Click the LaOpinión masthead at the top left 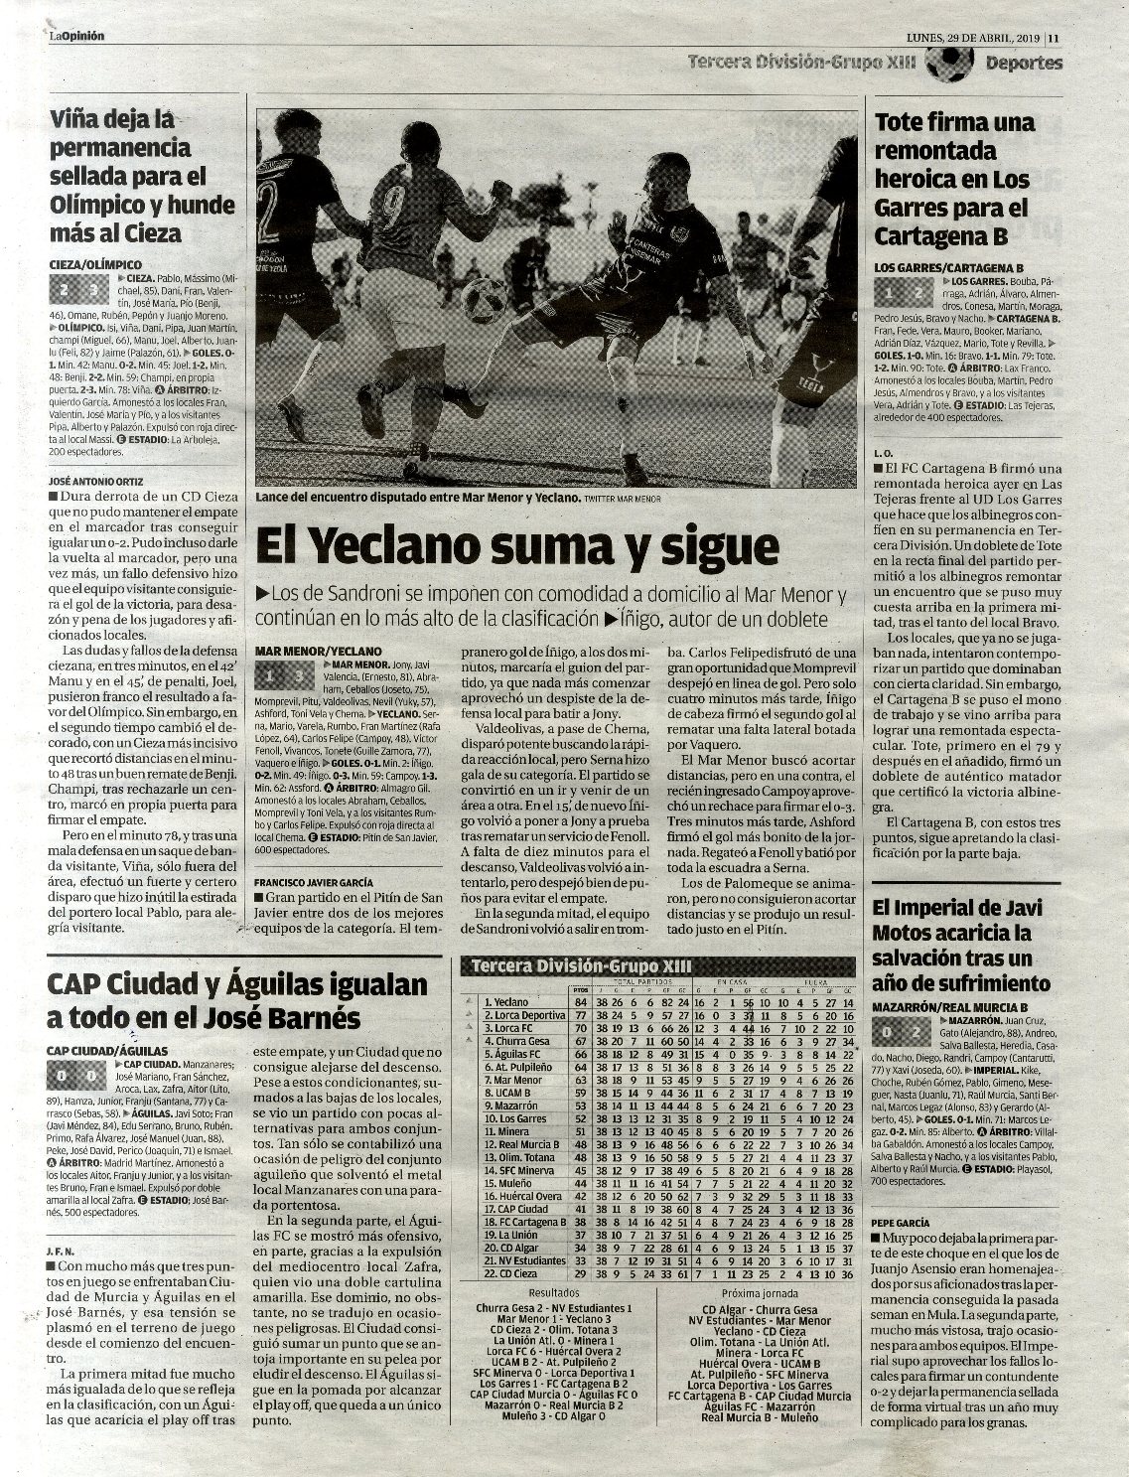click(x=76, y=37)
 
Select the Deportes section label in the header click(x=1024, y=64)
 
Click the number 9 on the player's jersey click(x=394, y=207)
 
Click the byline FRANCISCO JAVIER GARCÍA click(x=313, y=882)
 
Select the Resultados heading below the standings click(x=554, y=1294)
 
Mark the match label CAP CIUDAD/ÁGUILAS click(x=107, y=1050)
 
